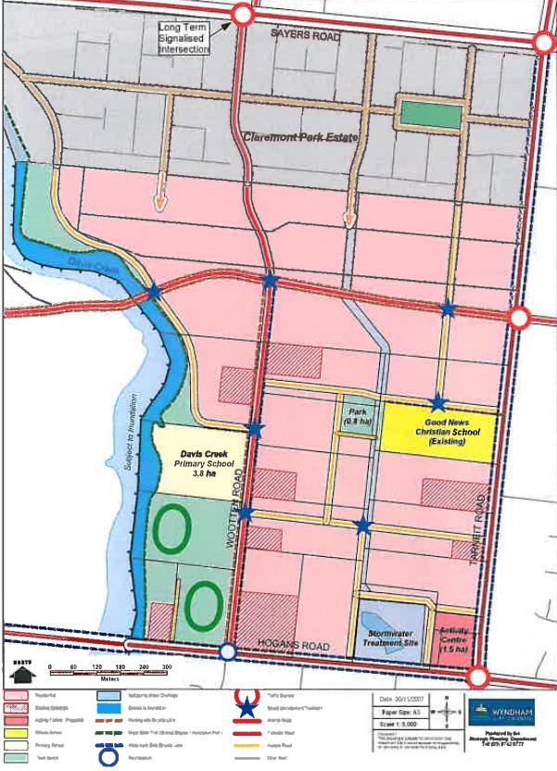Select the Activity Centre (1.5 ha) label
click(453, 638)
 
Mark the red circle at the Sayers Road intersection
click(243, 15)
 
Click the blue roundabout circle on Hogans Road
click(228, 651)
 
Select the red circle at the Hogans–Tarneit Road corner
click(478, 676)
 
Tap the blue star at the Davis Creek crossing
click(154, 291)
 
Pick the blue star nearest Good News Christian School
click(438, 402)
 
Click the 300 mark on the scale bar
click(167, 667)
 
